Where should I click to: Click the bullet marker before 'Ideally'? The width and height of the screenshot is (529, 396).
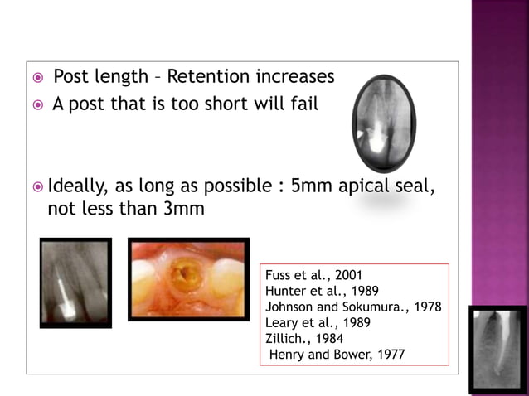(36, 186)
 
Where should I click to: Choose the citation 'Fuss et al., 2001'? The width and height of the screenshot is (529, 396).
(314, 275)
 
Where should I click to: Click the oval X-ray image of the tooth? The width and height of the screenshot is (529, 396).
(382, 123)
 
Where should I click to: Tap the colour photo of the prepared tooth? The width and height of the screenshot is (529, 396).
(188, 279)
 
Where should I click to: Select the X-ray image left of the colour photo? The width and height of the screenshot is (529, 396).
(75, 283)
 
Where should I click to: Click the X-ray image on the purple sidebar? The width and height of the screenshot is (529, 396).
(497, 348)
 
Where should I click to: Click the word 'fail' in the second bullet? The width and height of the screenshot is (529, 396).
(303, 105)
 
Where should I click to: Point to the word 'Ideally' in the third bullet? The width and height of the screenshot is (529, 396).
(80, 186)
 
